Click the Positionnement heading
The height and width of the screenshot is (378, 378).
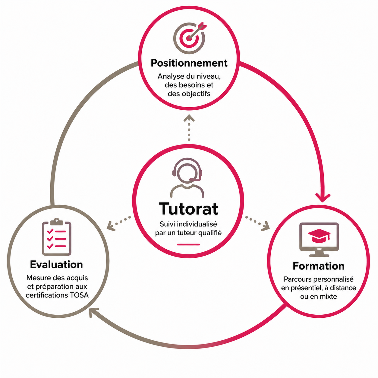189,63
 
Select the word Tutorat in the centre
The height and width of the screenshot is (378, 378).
188,209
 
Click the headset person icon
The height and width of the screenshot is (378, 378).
187,178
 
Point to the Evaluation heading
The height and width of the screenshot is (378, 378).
56,264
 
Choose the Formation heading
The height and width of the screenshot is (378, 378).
319,266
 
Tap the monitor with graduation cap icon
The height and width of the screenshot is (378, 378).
319,240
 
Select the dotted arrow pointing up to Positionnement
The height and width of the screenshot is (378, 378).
189,128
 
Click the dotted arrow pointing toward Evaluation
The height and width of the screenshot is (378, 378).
119,223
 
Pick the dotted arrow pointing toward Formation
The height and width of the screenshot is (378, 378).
257,223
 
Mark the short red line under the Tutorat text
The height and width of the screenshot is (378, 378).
188,244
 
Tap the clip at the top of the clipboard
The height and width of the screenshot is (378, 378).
56,222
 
